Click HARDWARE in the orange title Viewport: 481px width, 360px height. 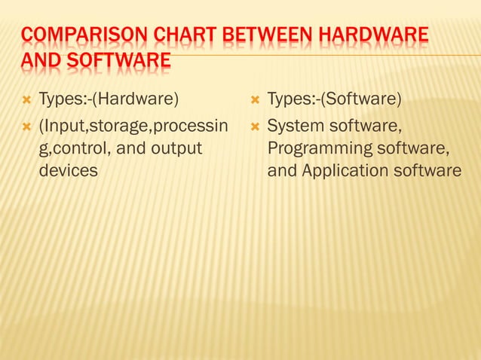pyautogui.click(x=372, y=35)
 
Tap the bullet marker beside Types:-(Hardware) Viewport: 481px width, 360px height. pyautogui.click(x=26, y=99)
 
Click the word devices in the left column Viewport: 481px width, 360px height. pyautogui.click(x=68, y=170)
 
